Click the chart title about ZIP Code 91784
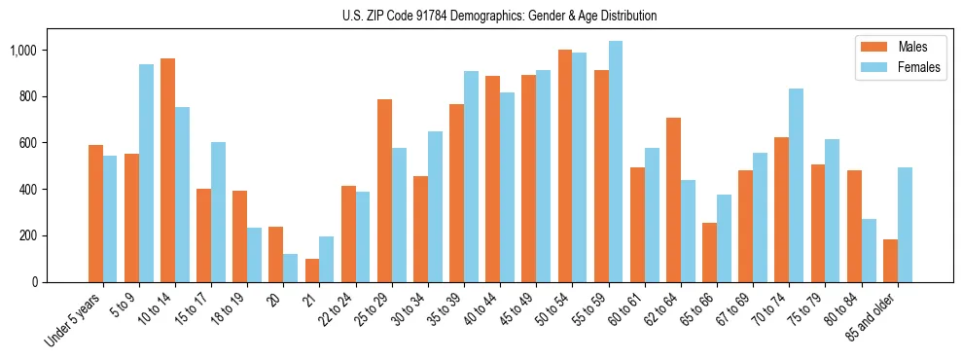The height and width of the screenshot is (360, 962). tap(499, 16)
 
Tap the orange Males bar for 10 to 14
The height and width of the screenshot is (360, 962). tap(167, 170)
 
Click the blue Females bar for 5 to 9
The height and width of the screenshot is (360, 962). tap(146, 173)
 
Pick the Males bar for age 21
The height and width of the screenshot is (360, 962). tap(311, 270)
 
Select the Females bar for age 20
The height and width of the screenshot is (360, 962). tap(290, 268)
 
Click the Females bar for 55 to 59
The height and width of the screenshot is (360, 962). tap(615, 162)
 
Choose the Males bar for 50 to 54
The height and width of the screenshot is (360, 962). tap(564, 165)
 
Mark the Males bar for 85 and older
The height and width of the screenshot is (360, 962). tap(890, 261)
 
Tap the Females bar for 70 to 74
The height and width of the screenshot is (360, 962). tap(796, 185)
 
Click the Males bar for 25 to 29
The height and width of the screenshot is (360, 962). tap(384, 191)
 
